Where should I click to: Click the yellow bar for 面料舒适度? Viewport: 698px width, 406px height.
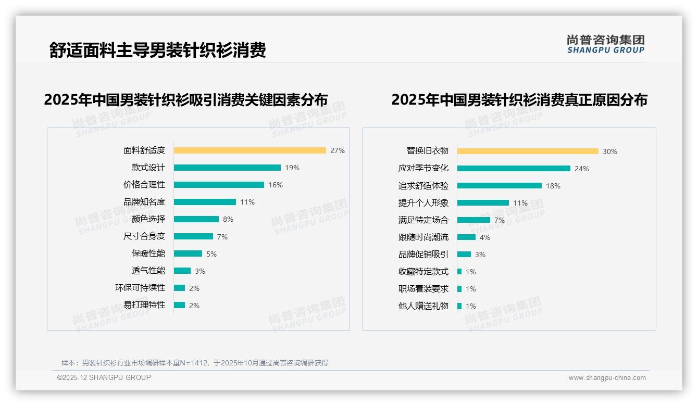(x=250, y=150)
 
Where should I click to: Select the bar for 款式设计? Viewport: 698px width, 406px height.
(x=227, y=168)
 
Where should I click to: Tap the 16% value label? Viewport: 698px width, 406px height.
(x=276, y=185)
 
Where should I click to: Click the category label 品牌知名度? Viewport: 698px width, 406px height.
(x=144, y=202)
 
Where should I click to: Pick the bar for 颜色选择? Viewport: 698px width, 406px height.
(x=196, y=219)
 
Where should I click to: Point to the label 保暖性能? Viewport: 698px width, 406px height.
(x=148, y=253)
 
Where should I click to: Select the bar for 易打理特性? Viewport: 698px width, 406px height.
(x=180, y=305)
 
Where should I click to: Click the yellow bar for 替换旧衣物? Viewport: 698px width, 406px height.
(x=528, y=151)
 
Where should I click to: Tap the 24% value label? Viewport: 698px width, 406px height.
(x=582, y=169)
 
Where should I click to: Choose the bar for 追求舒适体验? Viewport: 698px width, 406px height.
(x=500, y=186)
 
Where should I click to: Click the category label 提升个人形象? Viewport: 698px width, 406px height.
(x=423, y=203)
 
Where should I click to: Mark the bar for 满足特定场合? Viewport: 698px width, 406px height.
(x=473, y=220)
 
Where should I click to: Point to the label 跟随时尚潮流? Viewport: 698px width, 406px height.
(x=423, y=237)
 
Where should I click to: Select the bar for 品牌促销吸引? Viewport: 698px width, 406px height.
(x=464, y=255)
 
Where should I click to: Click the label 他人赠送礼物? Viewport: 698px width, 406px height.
(x=423, y=306)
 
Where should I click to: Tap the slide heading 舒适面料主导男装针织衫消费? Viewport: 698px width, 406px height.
(x=158, y=50)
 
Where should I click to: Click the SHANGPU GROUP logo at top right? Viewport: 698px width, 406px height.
(x=606, y=44)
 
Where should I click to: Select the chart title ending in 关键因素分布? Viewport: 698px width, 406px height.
(x=186, y=100)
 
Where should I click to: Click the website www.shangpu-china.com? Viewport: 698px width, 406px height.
(x=607, y=378)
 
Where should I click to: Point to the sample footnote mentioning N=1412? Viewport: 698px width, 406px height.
(x=195, y=363)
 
